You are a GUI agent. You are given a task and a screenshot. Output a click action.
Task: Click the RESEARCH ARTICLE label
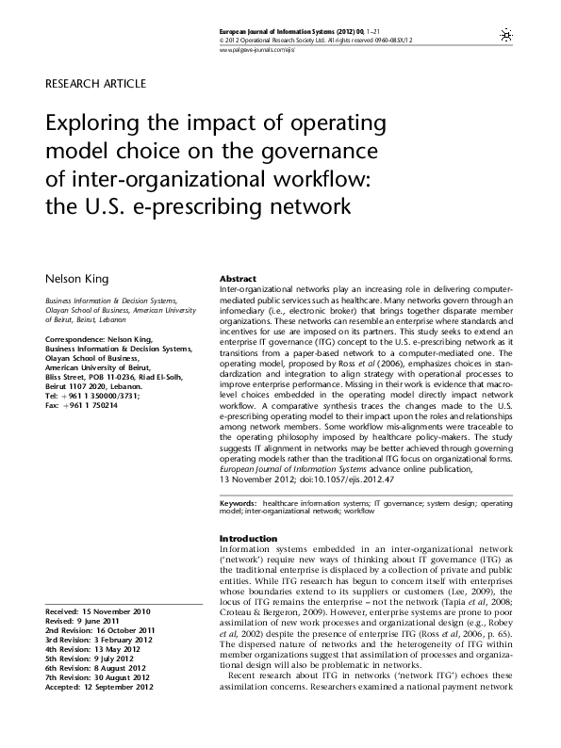[96, 84]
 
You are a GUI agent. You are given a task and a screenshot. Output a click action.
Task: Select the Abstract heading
[239, 280]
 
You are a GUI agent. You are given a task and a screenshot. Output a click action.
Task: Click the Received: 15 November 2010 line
[97, 611]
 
